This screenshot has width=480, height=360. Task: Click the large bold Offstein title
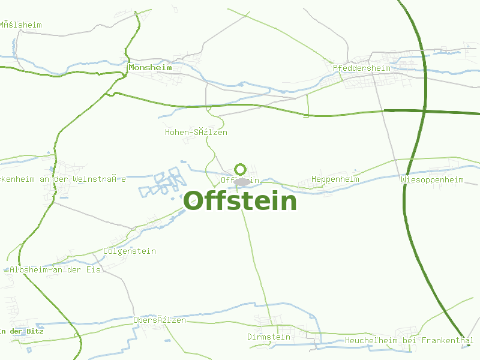240,201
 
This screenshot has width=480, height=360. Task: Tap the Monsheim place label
150,68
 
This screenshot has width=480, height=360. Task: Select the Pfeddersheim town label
361,68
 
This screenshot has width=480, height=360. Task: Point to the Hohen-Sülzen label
196,132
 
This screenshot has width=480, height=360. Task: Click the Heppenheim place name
335,179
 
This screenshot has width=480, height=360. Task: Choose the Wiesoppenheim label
433,179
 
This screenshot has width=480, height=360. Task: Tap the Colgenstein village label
130,251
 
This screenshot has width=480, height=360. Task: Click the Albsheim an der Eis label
55,269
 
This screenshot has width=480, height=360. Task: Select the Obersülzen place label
159,320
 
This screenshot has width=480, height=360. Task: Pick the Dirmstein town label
269,337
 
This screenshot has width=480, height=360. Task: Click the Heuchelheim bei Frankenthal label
409,340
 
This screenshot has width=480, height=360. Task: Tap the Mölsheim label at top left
21,25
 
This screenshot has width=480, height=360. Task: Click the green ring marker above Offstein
241,169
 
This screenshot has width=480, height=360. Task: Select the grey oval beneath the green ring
242,181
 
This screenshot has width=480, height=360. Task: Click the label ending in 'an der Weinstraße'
63,179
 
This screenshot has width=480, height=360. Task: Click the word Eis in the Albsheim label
94,269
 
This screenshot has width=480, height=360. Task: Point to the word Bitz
39,331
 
